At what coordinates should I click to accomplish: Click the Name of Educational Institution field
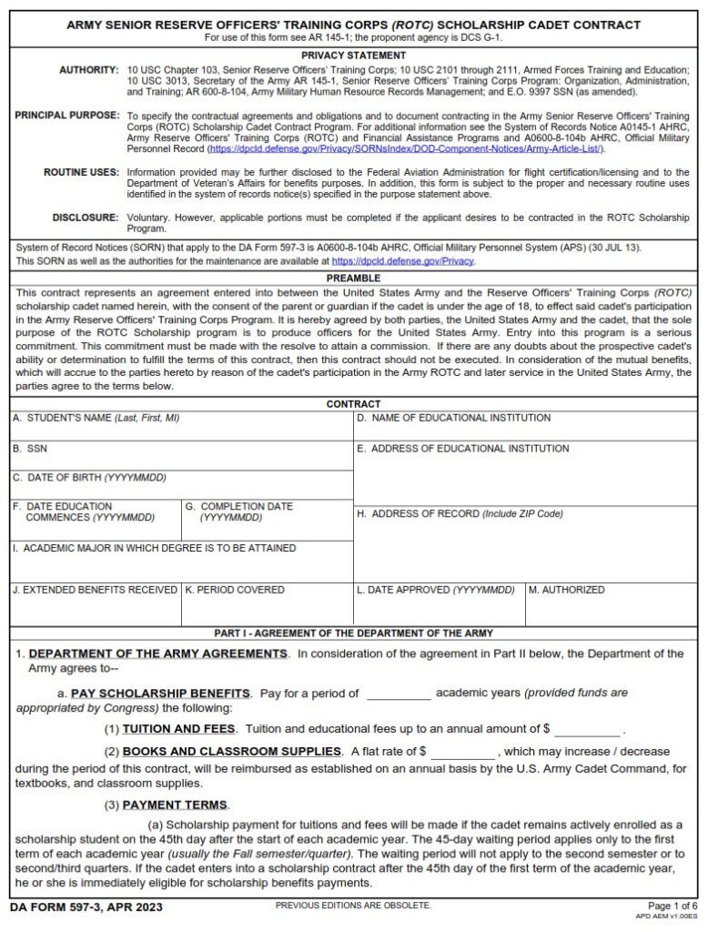click(525, 431)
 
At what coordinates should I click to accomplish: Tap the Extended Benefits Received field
click(95, 609)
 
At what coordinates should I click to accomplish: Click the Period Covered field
click(267, 609)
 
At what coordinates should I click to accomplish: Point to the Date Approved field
click(439, 609)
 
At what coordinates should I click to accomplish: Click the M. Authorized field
click(611, 609)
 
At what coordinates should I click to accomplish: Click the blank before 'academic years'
click(398, 694)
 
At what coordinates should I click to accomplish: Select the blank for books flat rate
click(463, 753)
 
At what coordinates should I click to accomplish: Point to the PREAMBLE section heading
click(353, 279)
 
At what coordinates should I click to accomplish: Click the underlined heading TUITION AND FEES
click(178, 729)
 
